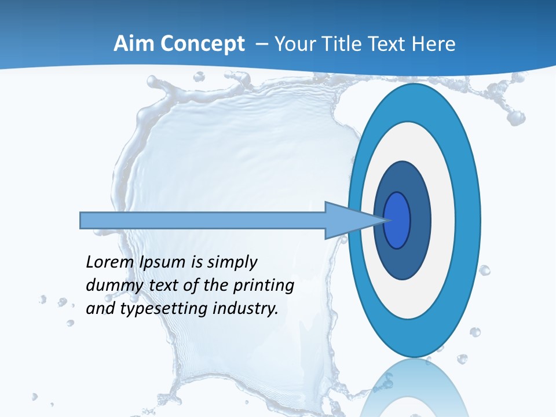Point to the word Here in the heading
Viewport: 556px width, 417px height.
point(434,44)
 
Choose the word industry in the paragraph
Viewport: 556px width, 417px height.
point(246,309)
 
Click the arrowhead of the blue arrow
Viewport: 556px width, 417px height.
point(348,220)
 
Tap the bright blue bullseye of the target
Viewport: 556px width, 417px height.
point(398,220)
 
